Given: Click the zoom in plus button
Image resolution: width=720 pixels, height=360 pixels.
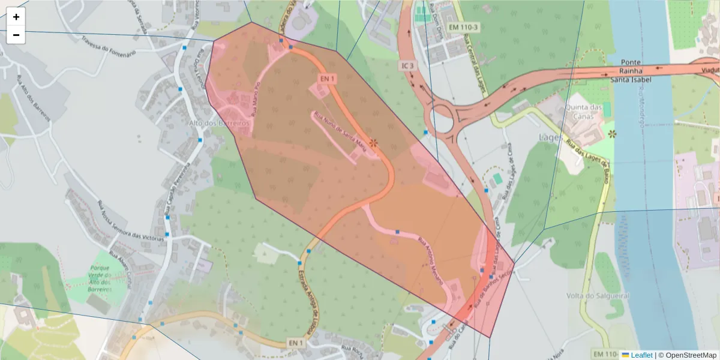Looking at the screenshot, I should (16, 17).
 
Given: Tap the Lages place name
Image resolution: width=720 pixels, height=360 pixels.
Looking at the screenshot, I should (551, 137).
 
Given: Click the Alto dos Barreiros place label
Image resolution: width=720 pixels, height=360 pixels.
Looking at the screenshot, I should (219, 123).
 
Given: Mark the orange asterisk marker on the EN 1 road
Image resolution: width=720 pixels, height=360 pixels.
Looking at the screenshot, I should (373, 143).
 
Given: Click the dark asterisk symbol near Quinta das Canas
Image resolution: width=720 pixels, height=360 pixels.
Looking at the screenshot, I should (611, 133).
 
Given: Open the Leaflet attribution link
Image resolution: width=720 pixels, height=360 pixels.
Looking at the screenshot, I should (641, 355).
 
